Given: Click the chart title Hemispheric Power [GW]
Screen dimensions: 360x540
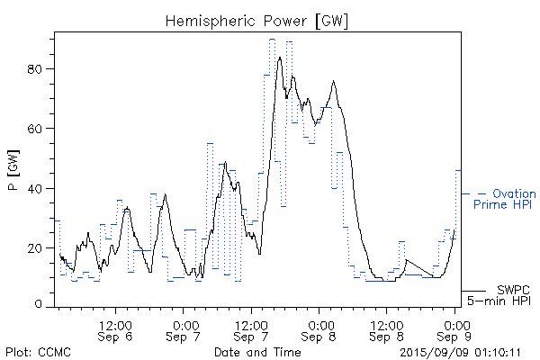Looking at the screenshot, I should pyautogui.click(x=256, y=20).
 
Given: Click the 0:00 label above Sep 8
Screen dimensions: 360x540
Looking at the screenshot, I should pyautogui.click(x=320, y=323).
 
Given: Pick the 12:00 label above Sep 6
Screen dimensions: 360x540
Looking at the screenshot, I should pyautogui.click(x=116, y=323).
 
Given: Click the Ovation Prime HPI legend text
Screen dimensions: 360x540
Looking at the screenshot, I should pyautogui.click(x=509, y=199).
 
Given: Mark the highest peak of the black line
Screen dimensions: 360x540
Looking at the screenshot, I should pyautogui.click(x=280, y=58).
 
